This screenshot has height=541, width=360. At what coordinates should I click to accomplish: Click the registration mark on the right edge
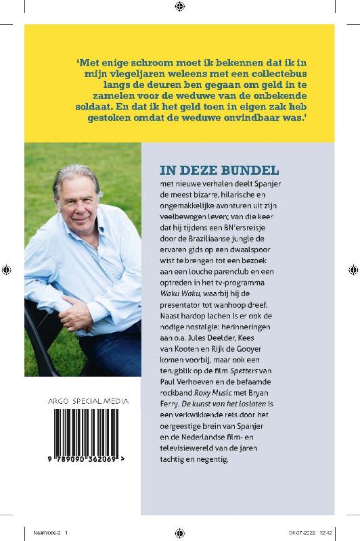(x=353, y=270)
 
